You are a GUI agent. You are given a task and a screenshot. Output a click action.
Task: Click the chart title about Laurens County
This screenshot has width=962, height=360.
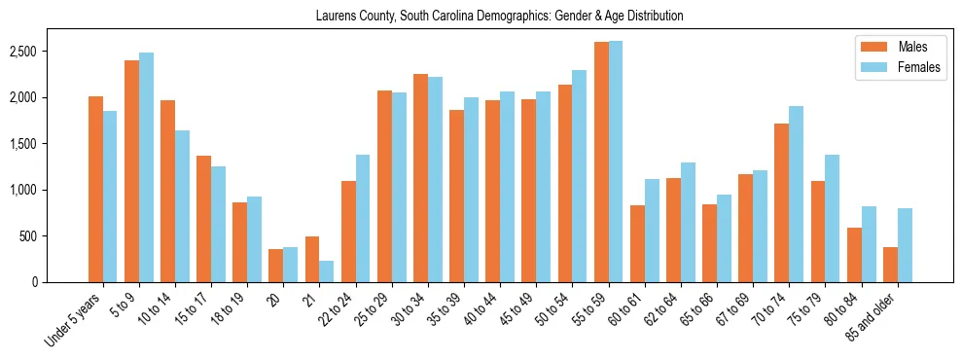coord(500,16)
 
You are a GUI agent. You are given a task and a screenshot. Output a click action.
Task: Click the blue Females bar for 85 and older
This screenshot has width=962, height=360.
coord(905,245)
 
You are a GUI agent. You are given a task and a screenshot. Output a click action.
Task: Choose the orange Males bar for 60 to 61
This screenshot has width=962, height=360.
coord(637,244)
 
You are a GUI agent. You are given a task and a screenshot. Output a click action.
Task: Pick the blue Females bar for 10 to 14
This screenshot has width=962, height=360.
coord(182,206)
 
